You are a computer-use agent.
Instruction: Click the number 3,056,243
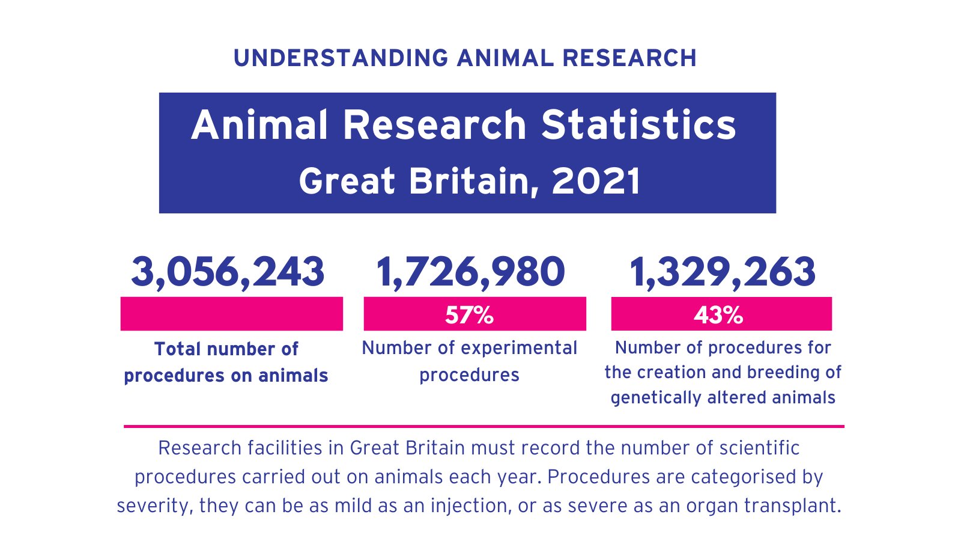pos(228,272)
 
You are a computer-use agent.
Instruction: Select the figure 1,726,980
pos(470,272)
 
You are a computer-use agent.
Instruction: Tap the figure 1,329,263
pos(723,272)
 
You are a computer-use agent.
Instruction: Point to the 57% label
pos(469,315)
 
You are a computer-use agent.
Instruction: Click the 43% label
pos(718,315)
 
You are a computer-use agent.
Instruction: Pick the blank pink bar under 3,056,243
pos(231,314)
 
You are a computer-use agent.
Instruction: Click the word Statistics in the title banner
pos(638,125)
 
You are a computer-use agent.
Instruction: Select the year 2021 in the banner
pos(596,181)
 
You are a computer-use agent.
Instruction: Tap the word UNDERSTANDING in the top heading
pos(341,58)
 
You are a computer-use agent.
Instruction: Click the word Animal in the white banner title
pos(260,125)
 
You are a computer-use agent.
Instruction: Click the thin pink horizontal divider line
pos(484,426)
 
